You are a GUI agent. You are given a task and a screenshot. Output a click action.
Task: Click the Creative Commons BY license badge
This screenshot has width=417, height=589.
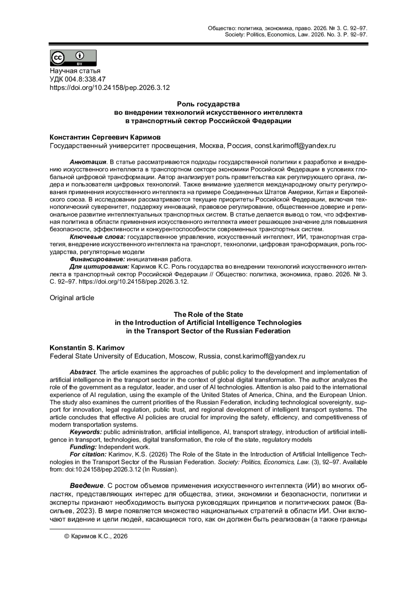point(73,58)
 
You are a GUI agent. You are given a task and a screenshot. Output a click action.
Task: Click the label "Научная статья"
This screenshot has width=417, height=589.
point(75,71)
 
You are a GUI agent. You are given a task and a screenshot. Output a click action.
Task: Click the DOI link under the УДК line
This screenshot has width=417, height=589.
point(110,88)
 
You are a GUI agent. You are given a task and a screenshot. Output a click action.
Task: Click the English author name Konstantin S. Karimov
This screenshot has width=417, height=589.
point(87,348)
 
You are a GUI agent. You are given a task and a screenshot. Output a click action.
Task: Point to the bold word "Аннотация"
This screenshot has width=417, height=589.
point(88,162)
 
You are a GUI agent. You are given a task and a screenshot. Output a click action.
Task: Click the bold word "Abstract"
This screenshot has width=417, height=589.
point(83,372)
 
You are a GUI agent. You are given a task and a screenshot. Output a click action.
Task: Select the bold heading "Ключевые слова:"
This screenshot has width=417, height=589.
point(98,237)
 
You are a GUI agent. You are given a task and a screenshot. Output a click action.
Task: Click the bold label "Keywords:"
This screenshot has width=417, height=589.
point(86,432)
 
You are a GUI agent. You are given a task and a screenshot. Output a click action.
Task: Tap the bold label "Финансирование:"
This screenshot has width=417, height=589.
point(97,259)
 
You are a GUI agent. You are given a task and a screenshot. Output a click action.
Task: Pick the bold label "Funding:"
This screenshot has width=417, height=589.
point(83,447)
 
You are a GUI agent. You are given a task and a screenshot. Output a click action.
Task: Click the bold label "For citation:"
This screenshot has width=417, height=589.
point(88,454)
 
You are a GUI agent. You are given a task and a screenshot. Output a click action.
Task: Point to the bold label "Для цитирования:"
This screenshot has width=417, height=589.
point(99,267)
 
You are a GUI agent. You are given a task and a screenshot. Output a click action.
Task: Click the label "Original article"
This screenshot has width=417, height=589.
point(72,298)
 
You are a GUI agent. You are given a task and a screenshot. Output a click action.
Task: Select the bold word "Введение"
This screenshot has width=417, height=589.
point(87,485)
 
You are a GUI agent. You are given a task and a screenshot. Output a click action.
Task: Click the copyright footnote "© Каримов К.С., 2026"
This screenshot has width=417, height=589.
point(96,536)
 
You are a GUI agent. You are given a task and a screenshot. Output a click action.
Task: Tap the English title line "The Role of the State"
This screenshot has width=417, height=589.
point(208,314)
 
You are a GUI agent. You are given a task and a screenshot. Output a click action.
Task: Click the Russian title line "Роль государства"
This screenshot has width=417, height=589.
point(208,104)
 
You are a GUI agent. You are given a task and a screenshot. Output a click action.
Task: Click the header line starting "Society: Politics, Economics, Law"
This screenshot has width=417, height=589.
point(296,35)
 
